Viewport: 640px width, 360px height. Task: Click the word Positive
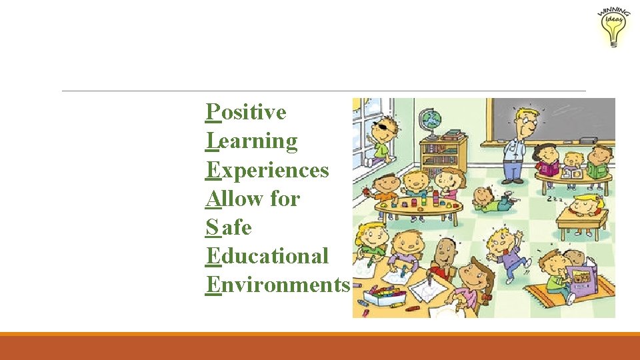(247, 113)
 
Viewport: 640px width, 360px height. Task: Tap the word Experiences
(268, 170)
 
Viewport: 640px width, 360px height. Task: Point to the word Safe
(229, 227)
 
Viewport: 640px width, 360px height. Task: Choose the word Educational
(268, 256)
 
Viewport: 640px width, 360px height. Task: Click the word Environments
(278, 285)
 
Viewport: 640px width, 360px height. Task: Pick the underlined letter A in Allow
(213, 199)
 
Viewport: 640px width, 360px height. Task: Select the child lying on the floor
(490, 199)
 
